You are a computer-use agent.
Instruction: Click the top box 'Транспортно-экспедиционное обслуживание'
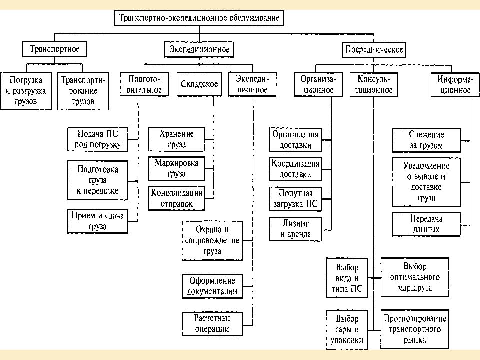coord(199,18)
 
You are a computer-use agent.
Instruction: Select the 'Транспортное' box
coord(55,49)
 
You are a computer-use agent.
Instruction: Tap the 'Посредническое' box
coord(374,50)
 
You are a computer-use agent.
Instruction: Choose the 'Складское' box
coord(199,84)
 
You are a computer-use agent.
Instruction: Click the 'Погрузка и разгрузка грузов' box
coord(26,91)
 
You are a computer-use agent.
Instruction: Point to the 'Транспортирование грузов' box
coord(83,91)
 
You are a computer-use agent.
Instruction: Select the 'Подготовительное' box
coord(144,84)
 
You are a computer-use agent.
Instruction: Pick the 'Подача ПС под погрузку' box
coord(98,139)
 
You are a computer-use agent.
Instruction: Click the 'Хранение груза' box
coord(176,139)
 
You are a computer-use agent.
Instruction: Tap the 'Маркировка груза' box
coord(176,168)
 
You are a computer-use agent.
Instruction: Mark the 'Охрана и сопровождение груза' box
coord(212,241)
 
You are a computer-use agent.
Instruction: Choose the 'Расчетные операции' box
coord(212,324)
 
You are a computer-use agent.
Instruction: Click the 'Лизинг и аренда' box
coord(295,229)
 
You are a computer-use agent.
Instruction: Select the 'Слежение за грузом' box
coord(426,140)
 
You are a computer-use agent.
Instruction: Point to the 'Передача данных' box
coord(426,224)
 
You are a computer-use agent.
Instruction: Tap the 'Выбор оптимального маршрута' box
coord(415,277)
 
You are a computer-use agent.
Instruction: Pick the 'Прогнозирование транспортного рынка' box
coord(415,329)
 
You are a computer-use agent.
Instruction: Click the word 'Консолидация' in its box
coord(177,193)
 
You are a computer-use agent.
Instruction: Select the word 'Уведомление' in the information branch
coord(426,166)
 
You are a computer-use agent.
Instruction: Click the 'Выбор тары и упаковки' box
coord(347,329)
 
